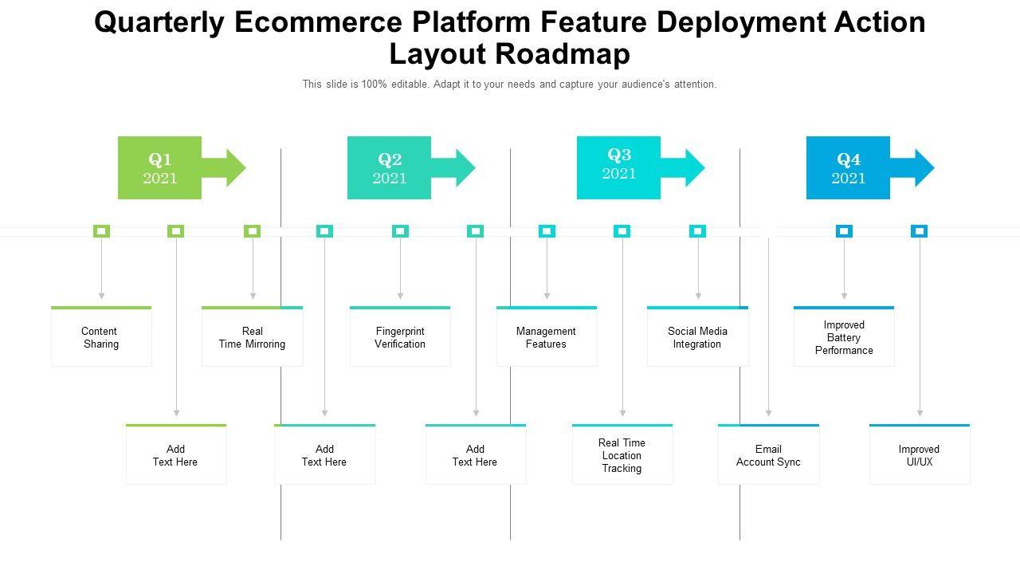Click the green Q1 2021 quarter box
[x=159, y=168]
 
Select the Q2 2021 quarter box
[x=389, y=168]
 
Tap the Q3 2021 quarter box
[x=618, y=168]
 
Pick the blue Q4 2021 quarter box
[x=848, y=168]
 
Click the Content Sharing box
[x=101, y=337]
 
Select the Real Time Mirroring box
[x=252, y=337]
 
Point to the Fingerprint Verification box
[x=400, y=337]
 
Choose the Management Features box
[x=547, y=337]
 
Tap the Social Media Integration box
[x=697, y=337]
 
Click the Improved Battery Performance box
[x=844, y=337]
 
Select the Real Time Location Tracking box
[x=622, y=455]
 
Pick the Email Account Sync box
[x=768, y=455]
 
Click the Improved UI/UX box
[x=920, y=455]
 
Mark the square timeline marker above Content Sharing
[x=101, y=231]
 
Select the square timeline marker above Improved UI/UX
[x=919, y=231]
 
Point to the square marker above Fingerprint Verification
[x=400, y=231]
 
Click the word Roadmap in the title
[x=563, y=53]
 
